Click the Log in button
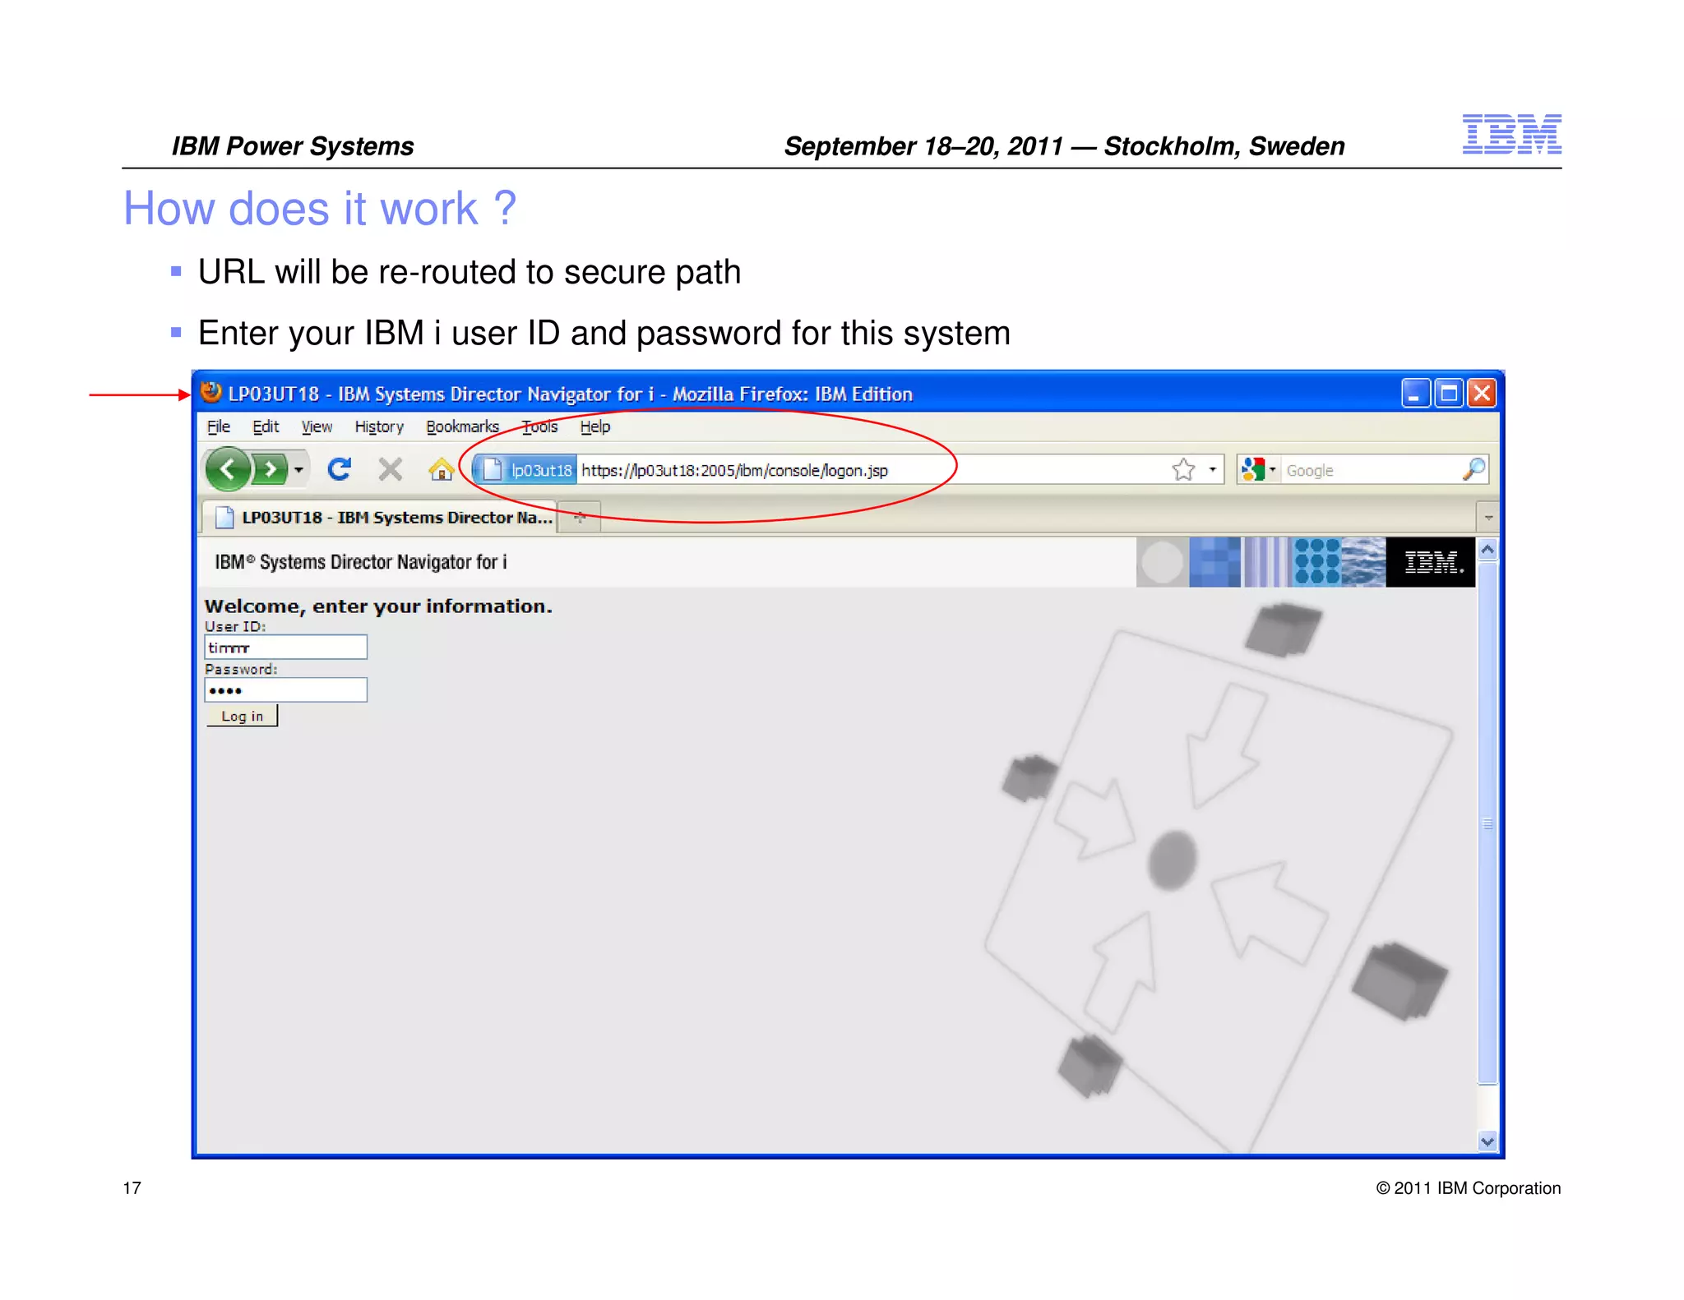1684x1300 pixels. [242, 716]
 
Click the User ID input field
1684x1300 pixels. [285, 648]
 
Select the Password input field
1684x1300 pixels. [285, 690]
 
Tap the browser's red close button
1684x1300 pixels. [1482, 394]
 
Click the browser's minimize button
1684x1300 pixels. [1414, 394]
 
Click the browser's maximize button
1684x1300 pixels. [1449, 394]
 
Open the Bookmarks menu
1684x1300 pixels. [462, 426]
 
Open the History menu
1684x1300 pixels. [379, 426]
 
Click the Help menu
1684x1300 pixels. [594, 426]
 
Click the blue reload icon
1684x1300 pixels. [339, 469]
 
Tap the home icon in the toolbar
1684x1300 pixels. [441, 470]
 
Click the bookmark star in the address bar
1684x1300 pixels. [1183, 469]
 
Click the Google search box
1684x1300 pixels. [1369, 470]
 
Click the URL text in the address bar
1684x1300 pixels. [734, 470]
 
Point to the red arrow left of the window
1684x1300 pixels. [140, 394]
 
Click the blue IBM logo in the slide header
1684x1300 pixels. [1511, 134]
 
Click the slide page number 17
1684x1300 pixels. [132, 1187]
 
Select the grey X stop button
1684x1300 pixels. [391, 469]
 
